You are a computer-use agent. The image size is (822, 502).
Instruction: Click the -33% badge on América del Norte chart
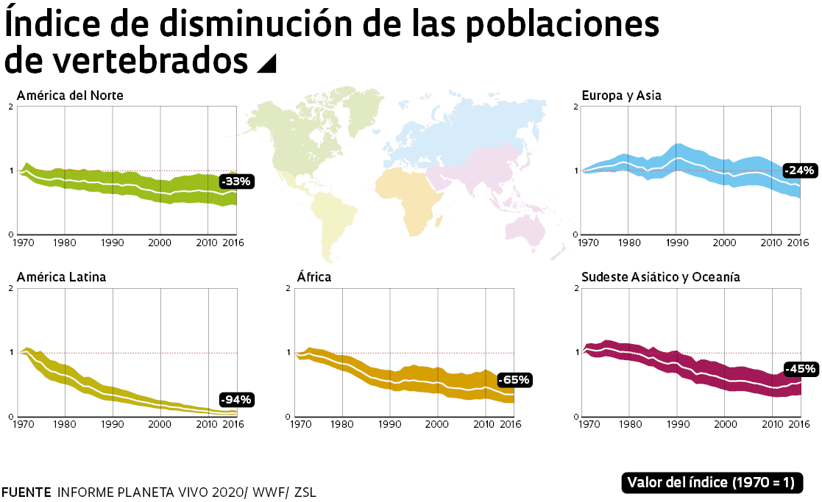pos(236,182)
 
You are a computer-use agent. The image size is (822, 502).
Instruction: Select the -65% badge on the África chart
pos(514,380)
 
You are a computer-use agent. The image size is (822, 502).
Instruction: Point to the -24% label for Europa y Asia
pos(799,171)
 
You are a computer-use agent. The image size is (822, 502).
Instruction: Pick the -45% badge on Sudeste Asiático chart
pos(800,369)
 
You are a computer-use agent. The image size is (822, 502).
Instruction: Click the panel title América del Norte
pos(70,96)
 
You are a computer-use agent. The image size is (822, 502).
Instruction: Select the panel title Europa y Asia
pos(621,96)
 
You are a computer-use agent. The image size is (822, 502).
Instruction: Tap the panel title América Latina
pos(61,277)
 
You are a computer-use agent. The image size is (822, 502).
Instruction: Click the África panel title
pos(314,277)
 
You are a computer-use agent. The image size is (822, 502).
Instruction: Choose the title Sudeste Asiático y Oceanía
pos(660,277)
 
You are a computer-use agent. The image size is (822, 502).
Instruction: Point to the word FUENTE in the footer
pos(26,492)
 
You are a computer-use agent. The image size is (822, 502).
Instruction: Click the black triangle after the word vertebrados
pos(266,65)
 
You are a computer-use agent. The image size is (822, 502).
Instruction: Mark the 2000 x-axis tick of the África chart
pos(437,424)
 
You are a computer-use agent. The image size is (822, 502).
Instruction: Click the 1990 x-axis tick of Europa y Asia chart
pos(677,242)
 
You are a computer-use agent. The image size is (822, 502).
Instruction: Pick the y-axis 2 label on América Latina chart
pos(10,288)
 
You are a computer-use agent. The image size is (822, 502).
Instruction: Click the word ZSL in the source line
pos(305,492)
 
